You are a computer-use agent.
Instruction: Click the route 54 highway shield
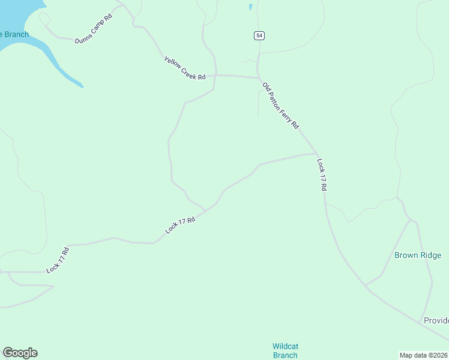259,36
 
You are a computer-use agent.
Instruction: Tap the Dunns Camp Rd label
94,29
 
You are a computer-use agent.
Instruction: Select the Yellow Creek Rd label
185,68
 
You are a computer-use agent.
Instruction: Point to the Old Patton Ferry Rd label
280,106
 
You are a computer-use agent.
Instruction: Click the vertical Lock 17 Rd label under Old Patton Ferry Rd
322,175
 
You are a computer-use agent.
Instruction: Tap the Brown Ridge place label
418,255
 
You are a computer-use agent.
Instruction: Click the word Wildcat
285,346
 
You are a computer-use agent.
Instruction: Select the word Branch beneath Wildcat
285,355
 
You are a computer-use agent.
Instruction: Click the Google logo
20,353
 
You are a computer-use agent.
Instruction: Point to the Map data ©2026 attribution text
424,355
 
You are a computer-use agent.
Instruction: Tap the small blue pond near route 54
250,8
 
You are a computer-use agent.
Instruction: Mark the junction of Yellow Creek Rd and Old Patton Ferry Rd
259,77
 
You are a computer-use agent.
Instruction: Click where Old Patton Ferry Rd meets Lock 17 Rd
316,154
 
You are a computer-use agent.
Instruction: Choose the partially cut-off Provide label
436,320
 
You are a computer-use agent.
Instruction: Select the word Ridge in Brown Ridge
430,255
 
